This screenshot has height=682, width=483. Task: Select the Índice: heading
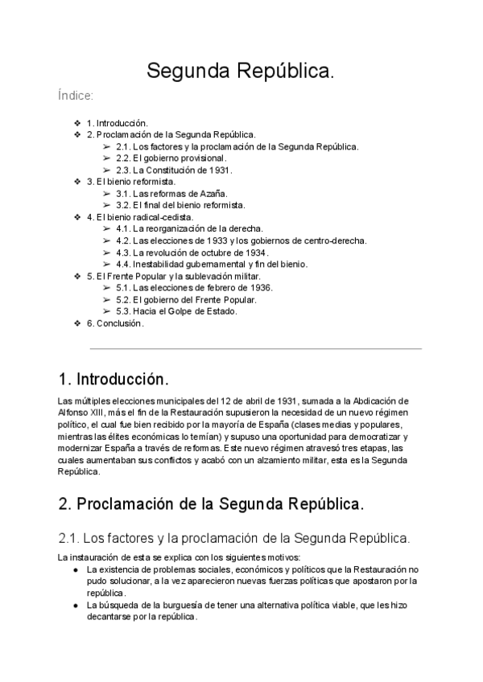76,96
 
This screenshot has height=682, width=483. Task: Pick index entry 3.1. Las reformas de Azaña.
171,194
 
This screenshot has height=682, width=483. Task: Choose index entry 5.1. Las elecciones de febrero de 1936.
194,288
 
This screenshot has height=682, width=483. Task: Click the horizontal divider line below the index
255,349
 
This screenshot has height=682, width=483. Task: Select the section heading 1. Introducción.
114,378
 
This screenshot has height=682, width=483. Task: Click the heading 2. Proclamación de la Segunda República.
211,505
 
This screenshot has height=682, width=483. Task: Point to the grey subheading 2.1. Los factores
233,536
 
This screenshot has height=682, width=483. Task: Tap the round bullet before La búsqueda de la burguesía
74,604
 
